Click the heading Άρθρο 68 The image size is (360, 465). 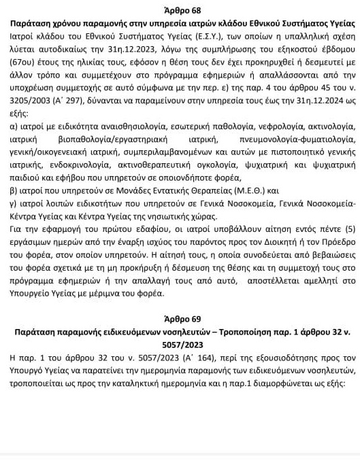(180, 10)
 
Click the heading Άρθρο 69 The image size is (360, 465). (180, 320)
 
